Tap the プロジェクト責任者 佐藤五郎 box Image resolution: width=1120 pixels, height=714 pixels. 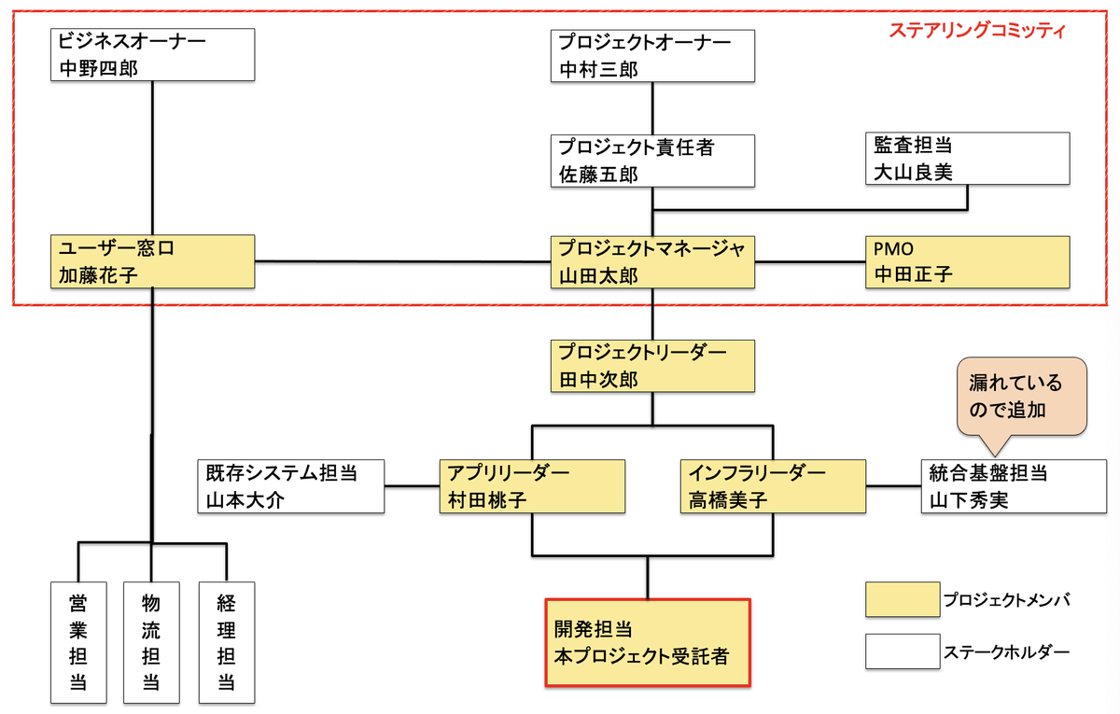coord(651,160)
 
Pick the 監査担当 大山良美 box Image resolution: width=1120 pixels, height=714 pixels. coord(967,159)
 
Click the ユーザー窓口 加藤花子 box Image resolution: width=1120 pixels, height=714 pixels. coord(151,261)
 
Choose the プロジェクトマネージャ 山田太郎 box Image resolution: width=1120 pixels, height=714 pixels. coord(651,261)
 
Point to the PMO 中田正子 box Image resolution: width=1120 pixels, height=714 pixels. coord(967,261)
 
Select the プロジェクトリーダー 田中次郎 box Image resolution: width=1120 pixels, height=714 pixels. coord(651,366)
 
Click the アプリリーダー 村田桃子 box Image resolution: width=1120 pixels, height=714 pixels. coord(532,485)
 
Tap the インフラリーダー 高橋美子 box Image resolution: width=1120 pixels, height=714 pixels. coord(773,485)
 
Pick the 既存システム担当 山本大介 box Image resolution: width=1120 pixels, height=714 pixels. coord(290,485)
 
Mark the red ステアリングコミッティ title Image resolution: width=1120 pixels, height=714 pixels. coord(976,30)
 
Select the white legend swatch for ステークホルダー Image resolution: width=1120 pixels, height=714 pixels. coord(903,651)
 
